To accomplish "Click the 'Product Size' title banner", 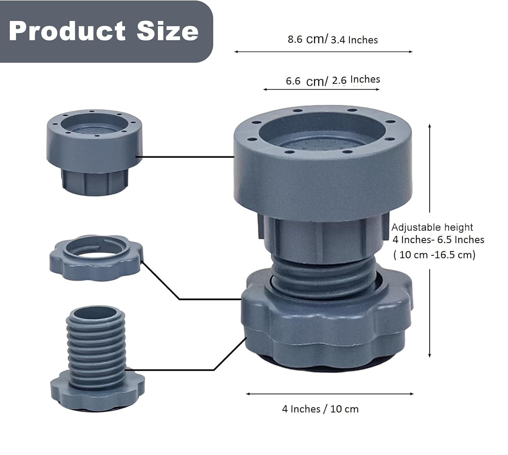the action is (106, 32).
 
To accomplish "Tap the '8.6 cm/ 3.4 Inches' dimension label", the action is (333, 39).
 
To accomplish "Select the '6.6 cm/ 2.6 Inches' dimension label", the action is (333, 81).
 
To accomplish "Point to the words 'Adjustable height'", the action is (432, 227).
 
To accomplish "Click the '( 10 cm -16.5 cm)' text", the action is (434, 255).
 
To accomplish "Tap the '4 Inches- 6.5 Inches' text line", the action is (438, 240).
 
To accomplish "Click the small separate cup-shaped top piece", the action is (94, 152).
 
